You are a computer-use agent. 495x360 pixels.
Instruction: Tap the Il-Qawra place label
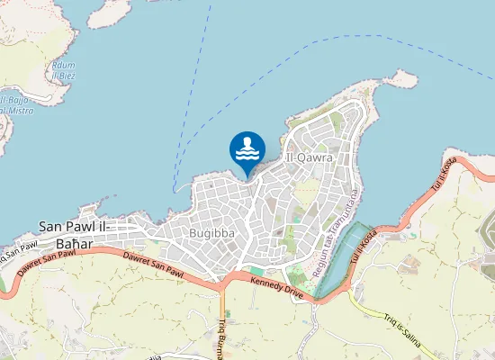pos(309,157)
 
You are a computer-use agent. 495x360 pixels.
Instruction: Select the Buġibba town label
pos(213,233)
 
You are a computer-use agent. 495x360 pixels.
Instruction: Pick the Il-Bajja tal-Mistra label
pos(16,104)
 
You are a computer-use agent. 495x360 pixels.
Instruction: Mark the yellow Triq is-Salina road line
pos(378,310)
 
